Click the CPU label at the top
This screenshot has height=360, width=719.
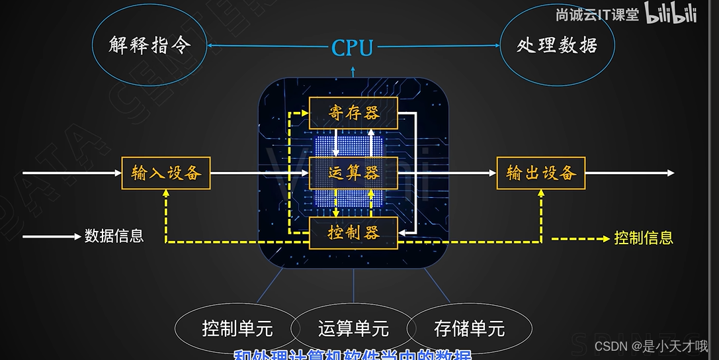point(353,48)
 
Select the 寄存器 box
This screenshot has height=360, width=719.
point(353,113)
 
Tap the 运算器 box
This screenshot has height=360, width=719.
point(353,173)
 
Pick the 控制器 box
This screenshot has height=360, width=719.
point(353,233)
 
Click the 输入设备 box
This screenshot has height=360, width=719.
point(165,173)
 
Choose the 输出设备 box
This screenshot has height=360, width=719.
point(541,173)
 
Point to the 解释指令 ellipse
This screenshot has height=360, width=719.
point(149,45)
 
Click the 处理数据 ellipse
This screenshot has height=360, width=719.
point(557,45)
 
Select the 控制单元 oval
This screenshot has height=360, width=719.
point(237,328)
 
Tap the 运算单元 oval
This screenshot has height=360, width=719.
point(353,328)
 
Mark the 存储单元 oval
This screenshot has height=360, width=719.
point(469,328)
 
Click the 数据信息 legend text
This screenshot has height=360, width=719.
point(114,236)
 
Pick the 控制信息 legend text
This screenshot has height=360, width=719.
point(644,237)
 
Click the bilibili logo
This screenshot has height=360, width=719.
point(671,15)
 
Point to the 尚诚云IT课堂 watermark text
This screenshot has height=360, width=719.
point(597,15)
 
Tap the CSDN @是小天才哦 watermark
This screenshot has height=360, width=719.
point(651,346)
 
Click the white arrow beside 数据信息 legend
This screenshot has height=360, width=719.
point(52,236)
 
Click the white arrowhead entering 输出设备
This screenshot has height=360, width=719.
point(492,173)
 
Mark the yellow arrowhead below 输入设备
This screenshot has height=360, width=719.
point(165,193)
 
